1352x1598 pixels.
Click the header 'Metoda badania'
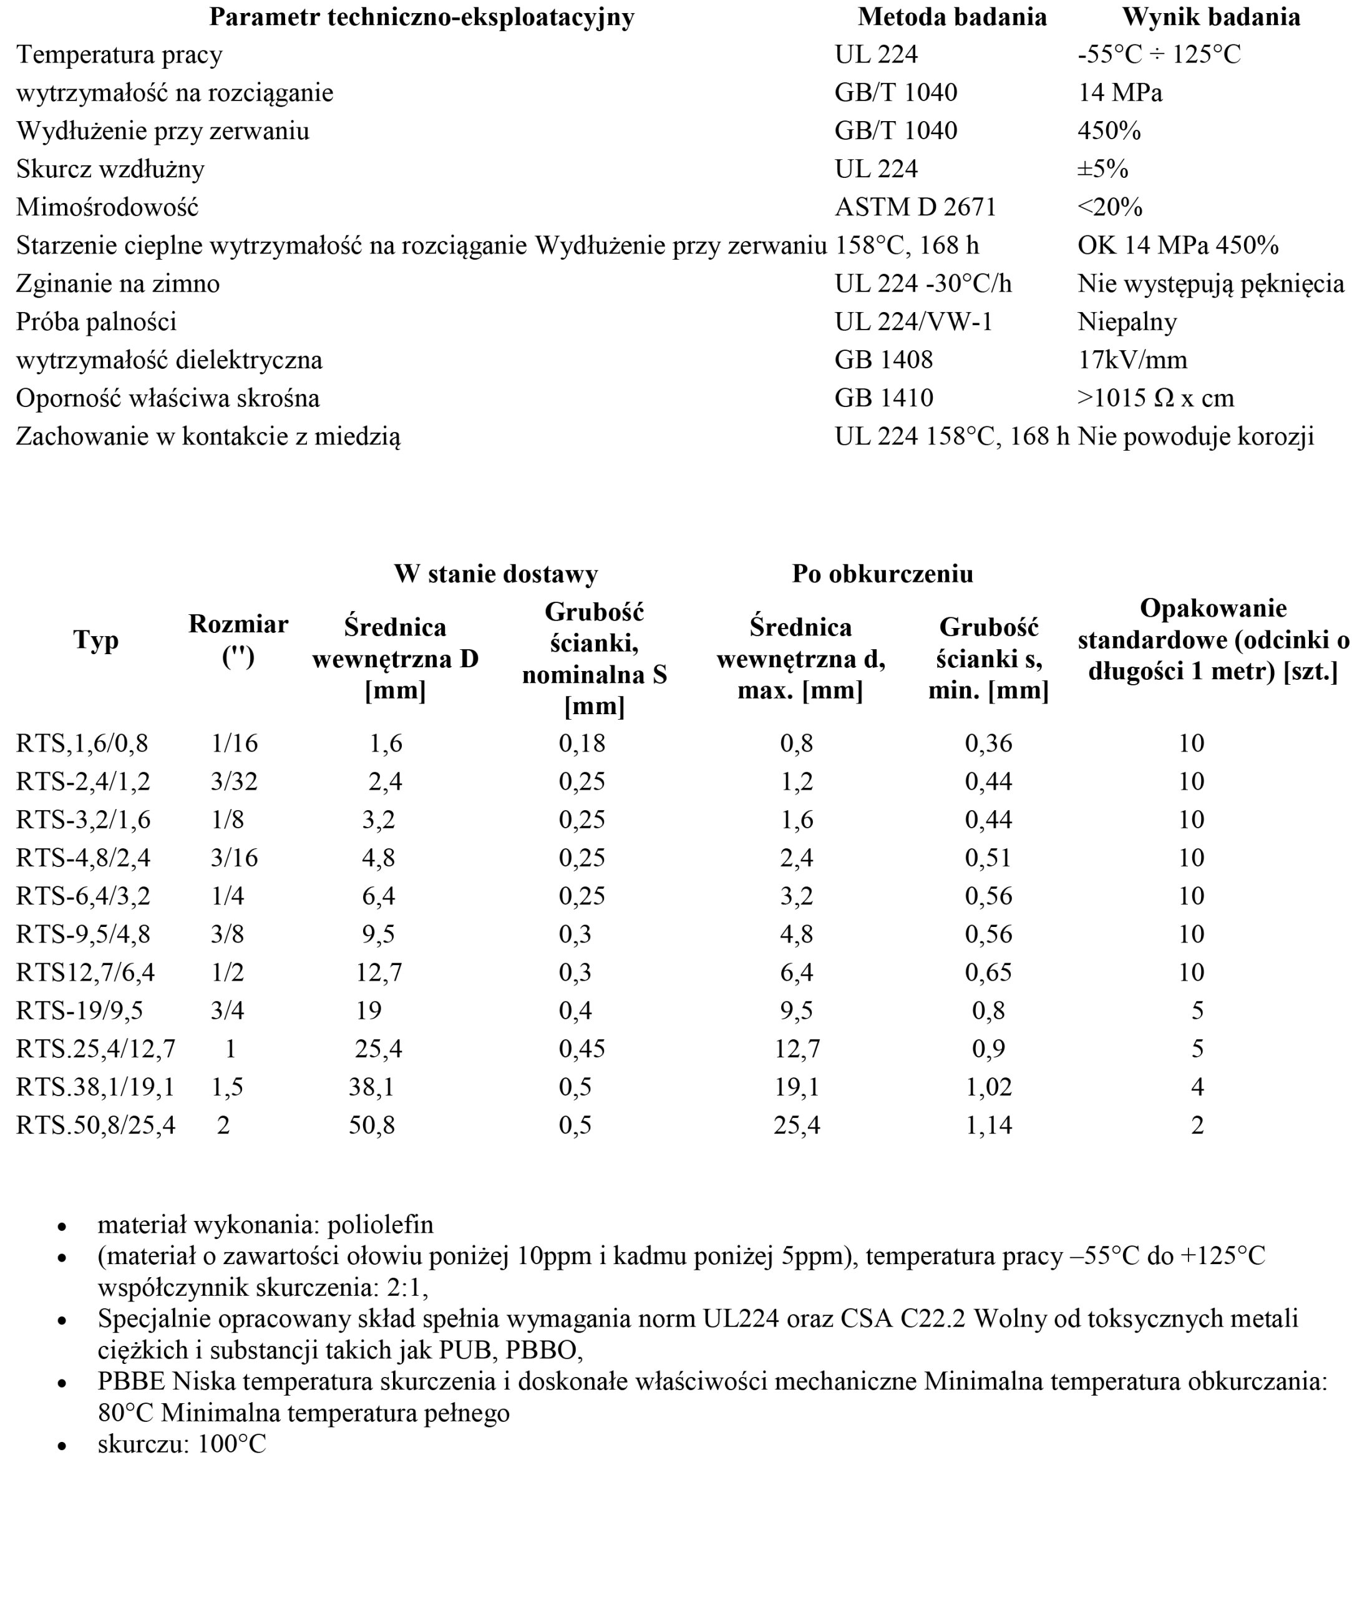tap(952, 17)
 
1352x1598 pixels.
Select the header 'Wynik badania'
tap(1211, 17)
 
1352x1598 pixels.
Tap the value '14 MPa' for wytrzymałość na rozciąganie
tap(1120, 93)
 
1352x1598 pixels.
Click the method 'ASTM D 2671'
tap(915, 207)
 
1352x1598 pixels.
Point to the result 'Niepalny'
tap(1127, 321)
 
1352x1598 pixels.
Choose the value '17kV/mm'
tap(1132, 360)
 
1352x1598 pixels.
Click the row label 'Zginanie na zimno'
tap(118, 284)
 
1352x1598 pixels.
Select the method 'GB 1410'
tap(883, 398)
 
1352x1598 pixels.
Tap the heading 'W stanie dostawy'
tap(496, 574)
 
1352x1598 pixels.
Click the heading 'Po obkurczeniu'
tap(882, 574)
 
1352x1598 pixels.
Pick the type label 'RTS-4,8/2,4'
tap(84, 857)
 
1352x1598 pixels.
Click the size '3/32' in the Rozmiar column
tap(235, 782)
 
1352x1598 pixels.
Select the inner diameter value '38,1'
tap(372, 1087)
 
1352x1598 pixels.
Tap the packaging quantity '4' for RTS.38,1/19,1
tap(1197, 1087)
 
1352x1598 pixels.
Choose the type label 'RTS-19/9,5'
tap(80, 1011)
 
